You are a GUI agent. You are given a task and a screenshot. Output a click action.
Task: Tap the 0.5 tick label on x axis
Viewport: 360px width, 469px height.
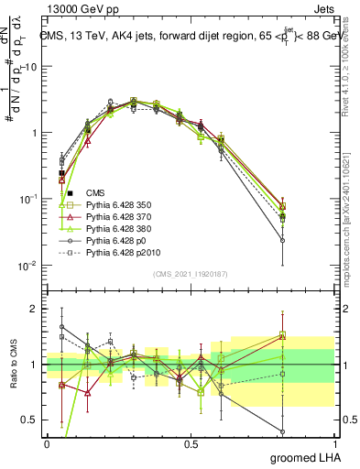191,442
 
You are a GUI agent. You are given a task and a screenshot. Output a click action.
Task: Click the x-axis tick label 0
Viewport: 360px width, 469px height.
47,442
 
